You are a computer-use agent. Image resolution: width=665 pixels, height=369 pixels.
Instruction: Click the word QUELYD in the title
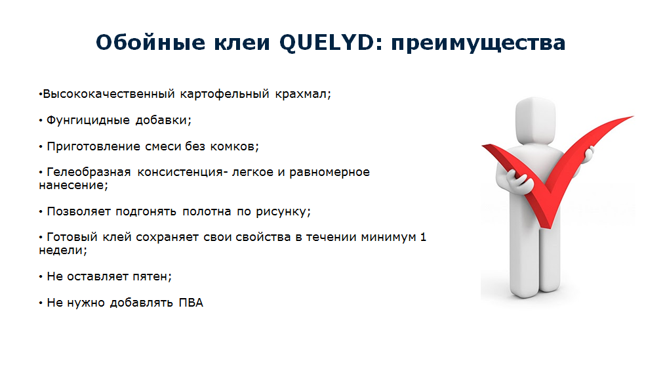327,43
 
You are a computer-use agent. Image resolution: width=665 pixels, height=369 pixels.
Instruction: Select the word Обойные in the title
151,42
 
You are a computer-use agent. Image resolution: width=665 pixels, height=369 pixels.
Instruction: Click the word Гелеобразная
89,173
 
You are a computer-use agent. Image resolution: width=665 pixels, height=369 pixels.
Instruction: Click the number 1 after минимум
423,237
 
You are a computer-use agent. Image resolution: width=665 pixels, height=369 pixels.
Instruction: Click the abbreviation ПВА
191,303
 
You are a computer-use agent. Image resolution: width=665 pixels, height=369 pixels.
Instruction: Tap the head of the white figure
536,120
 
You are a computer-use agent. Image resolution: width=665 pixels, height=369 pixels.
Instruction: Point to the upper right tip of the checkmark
633,116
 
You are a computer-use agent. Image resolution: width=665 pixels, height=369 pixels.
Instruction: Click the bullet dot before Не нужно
41,303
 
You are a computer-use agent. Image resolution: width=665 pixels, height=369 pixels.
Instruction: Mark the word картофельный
225,95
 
